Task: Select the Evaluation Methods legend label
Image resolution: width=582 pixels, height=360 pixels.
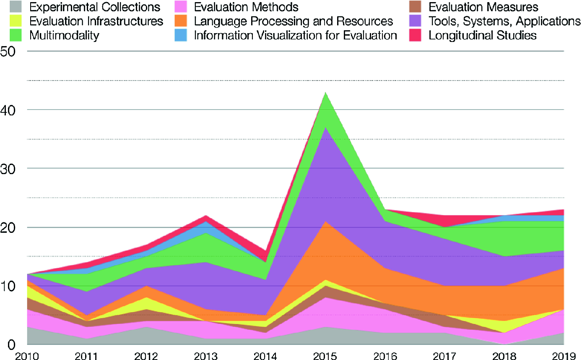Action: tap(246, 7)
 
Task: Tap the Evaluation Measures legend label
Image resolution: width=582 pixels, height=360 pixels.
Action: tap(483, 7)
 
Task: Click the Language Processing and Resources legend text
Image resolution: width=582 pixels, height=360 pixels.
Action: tap(293, 21)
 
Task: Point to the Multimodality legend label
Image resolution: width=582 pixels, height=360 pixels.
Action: tap(64, 35)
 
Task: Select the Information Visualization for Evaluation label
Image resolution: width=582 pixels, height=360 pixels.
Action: tap(295, 35)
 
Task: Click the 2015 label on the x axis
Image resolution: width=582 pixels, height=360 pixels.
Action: tap(325, 355)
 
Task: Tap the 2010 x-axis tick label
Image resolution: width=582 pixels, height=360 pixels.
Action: tap(27, 355)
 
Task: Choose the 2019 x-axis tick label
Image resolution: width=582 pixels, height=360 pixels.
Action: tap(564, 355)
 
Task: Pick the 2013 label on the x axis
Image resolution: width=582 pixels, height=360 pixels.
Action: tap(206, 355)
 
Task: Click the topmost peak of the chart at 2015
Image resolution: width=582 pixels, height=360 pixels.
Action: tap(325, 92)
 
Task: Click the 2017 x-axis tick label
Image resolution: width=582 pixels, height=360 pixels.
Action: tap(445, 355)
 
